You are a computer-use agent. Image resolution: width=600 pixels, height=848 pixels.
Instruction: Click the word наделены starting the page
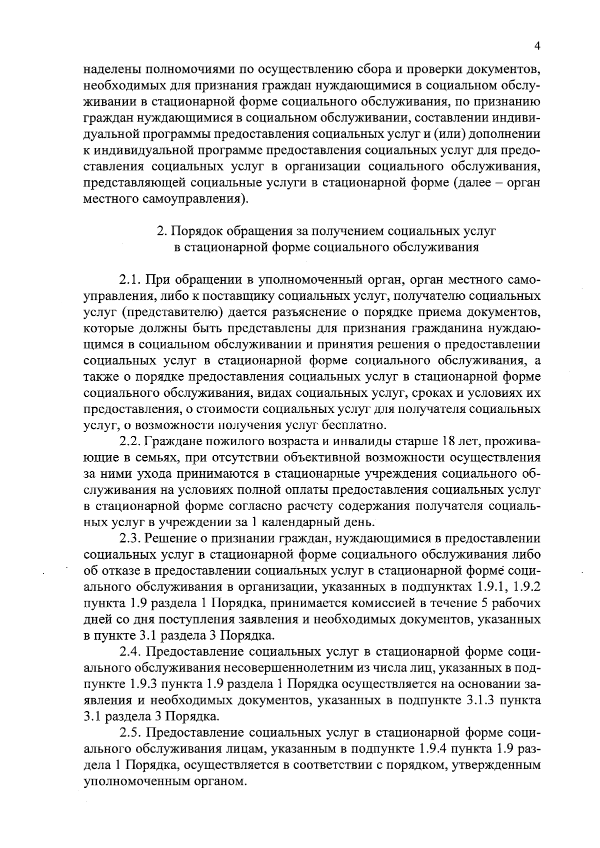[108, 69]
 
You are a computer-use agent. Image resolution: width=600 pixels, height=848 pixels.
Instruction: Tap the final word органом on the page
[222, 781]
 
